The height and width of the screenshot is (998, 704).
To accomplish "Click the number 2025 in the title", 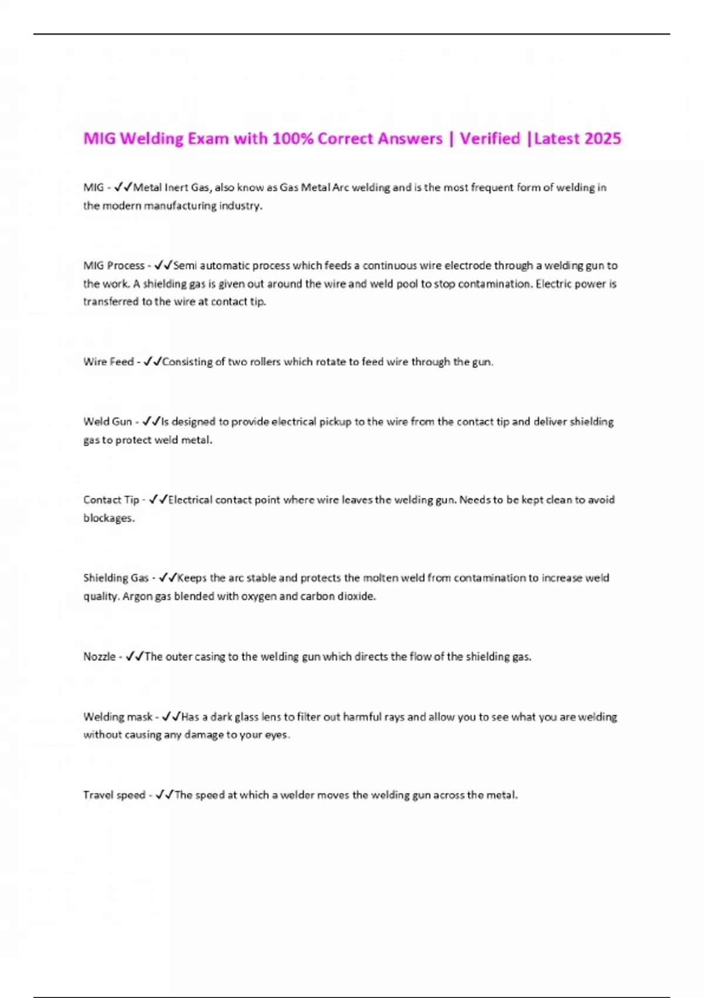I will tap(603, 139).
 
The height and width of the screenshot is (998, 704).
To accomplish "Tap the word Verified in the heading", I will tap(490, 139).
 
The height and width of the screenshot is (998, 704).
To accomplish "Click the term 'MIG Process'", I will tap(114, 265).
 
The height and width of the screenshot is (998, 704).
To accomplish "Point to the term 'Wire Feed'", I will tap(109, 362).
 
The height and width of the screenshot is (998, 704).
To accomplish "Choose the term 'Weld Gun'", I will tap(107, 422).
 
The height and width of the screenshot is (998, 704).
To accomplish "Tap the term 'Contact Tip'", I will tap(111, 500).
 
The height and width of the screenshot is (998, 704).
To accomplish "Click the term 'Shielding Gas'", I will tap(116, 578).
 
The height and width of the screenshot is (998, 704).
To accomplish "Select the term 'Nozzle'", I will tap(99, 656).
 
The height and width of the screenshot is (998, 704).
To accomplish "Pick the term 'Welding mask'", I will tap(117, 717).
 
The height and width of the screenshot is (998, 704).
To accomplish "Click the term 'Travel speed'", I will tap(114, 795).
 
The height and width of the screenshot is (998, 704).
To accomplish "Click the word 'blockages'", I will tap(109, 518).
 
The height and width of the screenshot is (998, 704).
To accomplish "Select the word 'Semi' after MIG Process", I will tap(185, 265).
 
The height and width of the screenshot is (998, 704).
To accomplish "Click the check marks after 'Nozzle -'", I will tap(135, 656).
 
